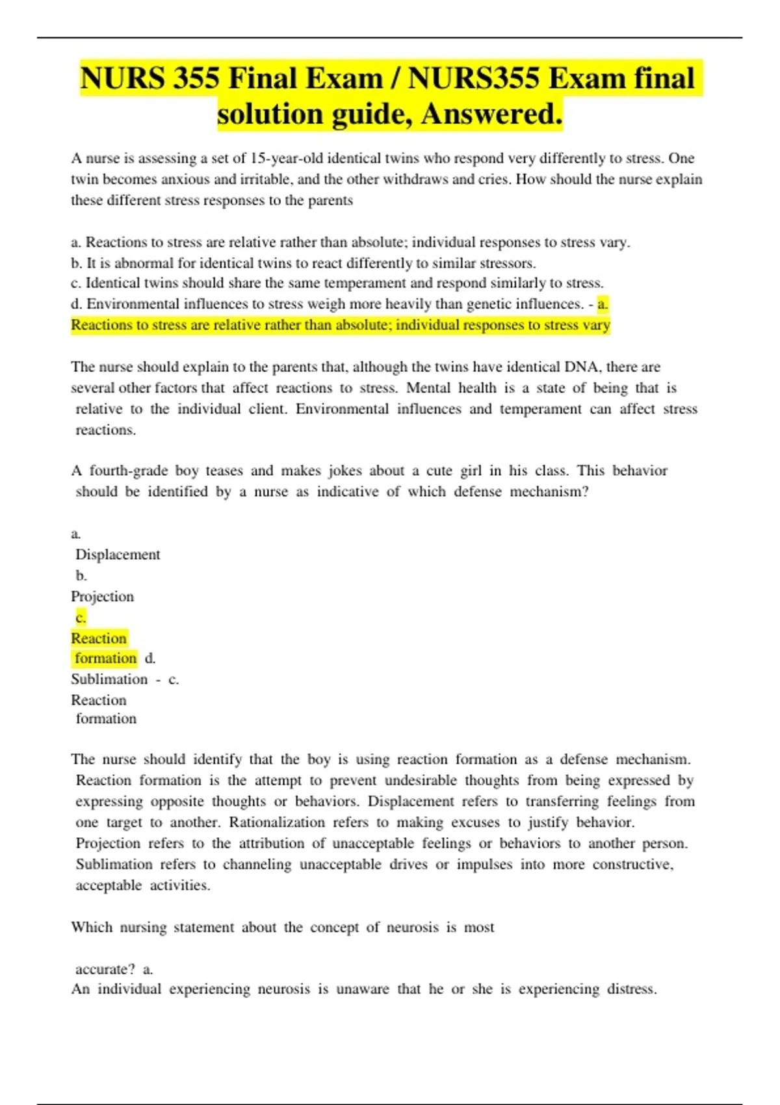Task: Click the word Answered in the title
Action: click(491, 114)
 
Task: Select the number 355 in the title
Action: click(196, 79)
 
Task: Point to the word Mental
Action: click(428, 388)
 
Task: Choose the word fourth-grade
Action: click(128, 471)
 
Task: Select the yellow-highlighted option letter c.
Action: click(81, 617)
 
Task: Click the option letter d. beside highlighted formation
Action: click(150, 658)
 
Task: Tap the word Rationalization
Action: click(276, 822)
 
